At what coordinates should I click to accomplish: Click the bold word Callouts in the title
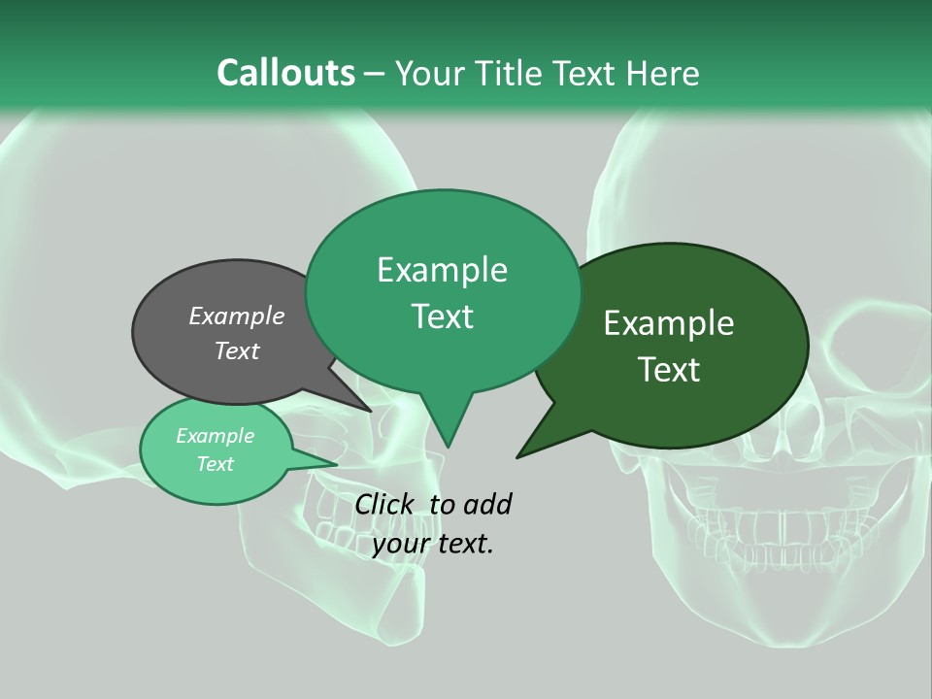(x=285, y=73)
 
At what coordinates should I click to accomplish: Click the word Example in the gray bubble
(x=236, y=316)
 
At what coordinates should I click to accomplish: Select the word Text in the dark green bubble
(x=670, y=370)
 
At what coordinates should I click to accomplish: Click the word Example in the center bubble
(x=442, y=270)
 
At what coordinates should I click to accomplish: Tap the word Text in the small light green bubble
(x=216, y=464)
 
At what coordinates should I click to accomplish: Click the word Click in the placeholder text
(x=384, y=504)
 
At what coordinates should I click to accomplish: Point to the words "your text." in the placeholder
(x=433, y=545)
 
